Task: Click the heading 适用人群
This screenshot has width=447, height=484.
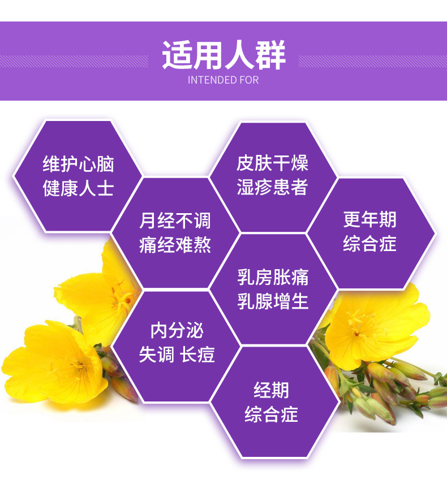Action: pos(223,55)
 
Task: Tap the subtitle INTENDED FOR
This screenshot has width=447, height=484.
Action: pos(223,80)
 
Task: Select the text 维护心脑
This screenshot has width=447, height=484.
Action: pos(79,164)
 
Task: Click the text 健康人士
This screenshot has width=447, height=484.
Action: pos(79,188)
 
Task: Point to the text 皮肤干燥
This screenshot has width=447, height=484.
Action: pos(272,163)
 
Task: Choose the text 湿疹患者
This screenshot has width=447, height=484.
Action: pos(272,187)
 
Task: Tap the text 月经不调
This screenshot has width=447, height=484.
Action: pos(175,221)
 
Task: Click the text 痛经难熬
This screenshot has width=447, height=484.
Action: pos(175,245)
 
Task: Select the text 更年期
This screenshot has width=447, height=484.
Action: pos(370,219)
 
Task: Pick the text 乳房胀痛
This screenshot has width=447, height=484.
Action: pos(273,277)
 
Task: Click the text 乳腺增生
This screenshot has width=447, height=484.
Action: pos(273,301)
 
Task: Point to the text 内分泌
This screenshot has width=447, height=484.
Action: pos(177,330)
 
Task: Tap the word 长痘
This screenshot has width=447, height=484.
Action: pos(197,355)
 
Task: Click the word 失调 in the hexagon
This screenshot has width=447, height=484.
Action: pos(156,355)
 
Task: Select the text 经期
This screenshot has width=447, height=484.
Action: pos(271,390)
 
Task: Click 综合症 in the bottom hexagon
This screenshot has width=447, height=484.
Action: pos(271,414)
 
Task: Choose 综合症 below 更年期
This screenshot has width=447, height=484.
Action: pos(370,244)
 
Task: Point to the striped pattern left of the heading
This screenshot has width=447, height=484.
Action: pos(74,62)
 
